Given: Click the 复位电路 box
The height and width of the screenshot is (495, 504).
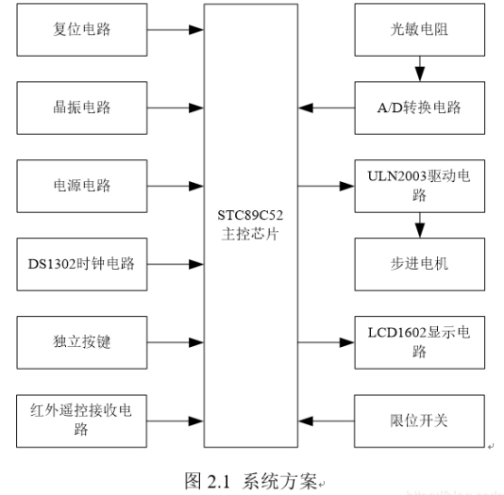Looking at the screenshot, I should pyautogui.click(x=82, y=28).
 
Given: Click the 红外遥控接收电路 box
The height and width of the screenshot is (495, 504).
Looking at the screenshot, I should pyautogui.click(x=82, y=418).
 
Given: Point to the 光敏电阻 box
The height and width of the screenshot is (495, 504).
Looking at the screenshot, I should pyautogui.click(x=419, y=28).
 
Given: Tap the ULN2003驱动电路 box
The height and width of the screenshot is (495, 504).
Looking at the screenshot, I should pyautogui.click(x=419, y=186).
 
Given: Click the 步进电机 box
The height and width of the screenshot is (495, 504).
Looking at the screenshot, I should pyautogui.click(x=419, y=263).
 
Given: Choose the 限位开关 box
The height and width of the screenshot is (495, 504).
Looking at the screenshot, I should pyautogui.click(x=419, y=418).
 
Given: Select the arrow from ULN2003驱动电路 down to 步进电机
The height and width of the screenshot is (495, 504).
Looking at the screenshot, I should pyautogui.click(x=419, y=224).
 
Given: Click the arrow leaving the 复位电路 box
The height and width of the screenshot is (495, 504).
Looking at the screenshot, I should pyautogui.click(x=176, y=28).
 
